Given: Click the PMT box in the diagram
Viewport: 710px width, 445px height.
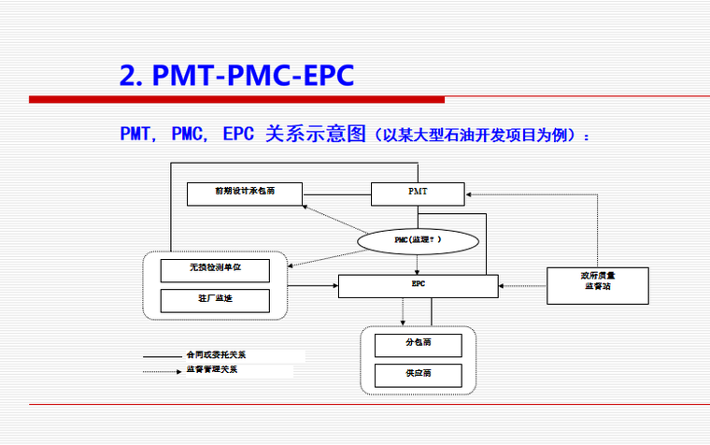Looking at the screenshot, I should coord(418,194).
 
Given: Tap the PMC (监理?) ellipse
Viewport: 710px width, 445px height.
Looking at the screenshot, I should coord(418,241).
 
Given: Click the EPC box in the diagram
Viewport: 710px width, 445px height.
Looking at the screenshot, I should coord(418,285).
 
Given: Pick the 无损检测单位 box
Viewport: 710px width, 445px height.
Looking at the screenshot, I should coord(215,271).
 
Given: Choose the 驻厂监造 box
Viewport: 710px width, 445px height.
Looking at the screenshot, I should coord(215,300).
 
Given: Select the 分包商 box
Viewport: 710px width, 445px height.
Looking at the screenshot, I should coord(418,345).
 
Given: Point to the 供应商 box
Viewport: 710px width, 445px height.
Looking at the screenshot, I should coord(418,375).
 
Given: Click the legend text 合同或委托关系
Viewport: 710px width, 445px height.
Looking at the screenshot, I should coord(216,356).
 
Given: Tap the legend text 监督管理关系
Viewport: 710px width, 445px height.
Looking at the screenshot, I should coord(213,371).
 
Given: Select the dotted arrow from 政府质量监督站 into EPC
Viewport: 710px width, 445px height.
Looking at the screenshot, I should coord(522,281).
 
